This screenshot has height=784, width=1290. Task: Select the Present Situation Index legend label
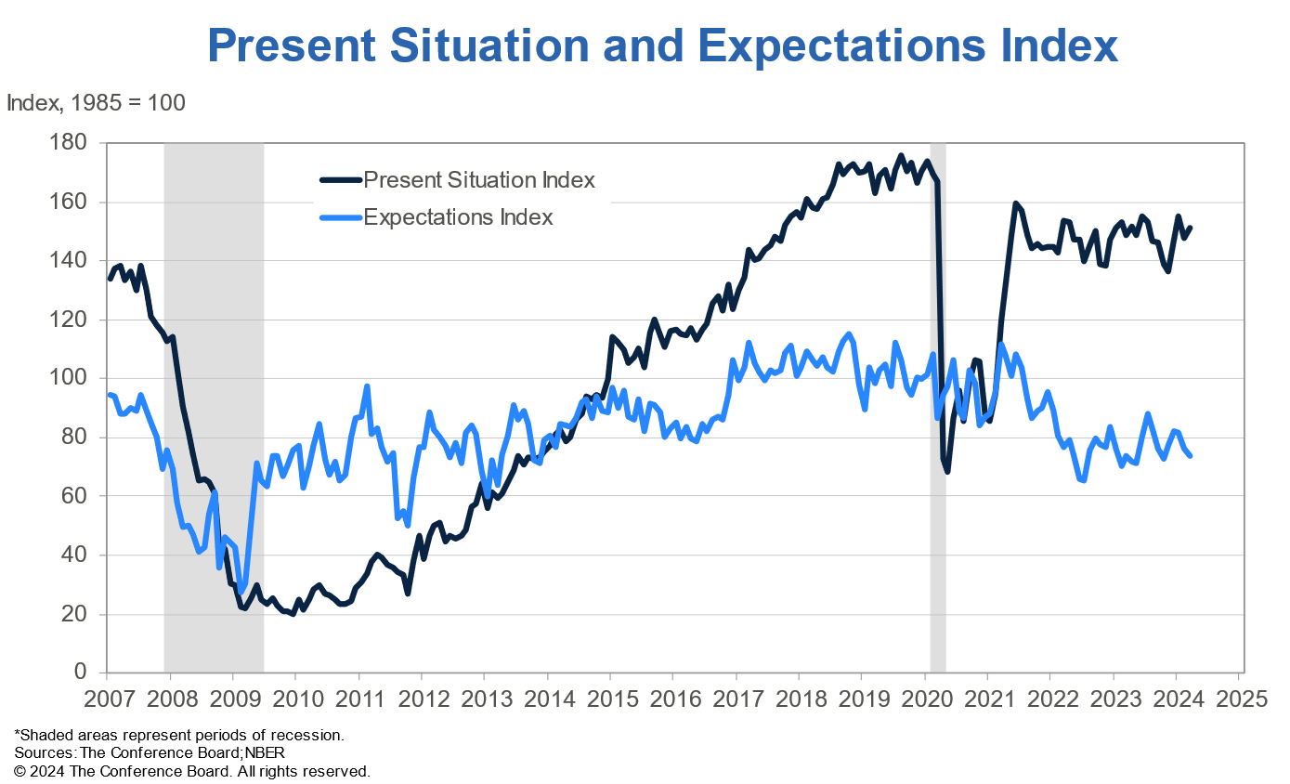pos(479,179)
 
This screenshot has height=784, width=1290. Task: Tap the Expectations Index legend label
pos(458,217)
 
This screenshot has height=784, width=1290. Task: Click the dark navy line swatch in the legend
pos(340,180)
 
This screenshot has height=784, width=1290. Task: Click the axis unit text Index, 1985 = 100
pos(96,103)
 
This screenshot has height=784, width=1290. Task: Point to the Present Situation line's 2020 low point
pos(947,471)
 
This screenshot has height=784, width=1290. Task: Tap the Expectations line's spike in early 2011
pos(367,386)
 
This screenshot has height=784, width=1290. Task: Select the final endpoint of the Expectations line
pos(1191,455)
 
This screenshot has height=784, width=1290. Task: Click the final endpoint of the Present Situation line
pos(1191,228)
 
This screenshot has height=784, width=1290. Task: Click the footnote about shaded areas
pos(179,735)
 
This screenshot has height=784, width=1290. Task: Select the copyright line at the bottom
pos(192,771)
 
